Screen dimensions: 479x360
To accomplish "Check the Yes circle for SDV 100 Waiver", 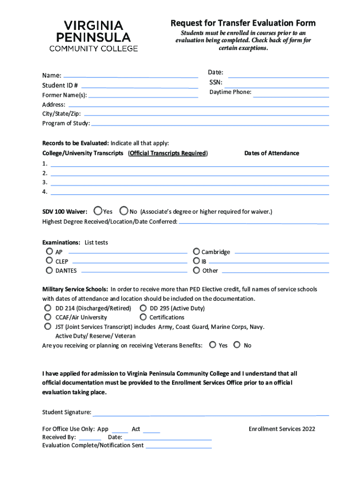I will pyautogui.click(x=98, y=211).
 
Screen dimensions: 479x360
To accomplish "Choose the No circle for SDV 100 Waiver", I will pyautogui.click(x=124, y=211).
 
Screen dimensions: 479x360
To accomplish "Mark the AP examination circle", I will pyautogui.click(x=49, y=252).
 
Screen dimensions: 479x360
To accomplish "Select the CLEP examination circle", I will pyautogui.click(x=49, y=261).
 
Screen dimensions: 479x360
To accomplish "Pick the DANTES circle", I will pyautogui.click(x=49, y=270).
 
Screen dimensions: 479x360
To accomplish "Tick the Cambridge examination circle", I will pyautogui.click(x=196, y=251).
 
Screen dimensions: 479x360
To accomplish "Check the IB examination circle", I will pyautogui.click(x=196, y=261).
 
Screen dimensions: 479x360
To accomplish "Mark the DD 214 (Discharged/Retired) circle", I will pyautogui.click(x=48, y=308).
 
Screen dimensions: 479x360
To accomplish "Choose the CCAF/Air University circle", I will pyautogui.click(x=48, y=317).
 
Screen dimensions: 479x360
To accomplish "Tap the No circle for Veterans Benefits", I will pyautogui.click(x=237, y=345).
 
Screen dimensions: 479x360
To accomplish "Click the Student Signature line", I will pyautogui.click(x=210, y=414).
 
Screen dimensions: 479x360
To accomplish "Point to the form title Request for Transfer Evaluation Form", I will pyautogui.click(x=243, y=23).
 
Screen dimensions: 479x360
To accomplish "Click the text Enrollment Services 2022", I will pyautogui.click(x=282, y=429).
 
